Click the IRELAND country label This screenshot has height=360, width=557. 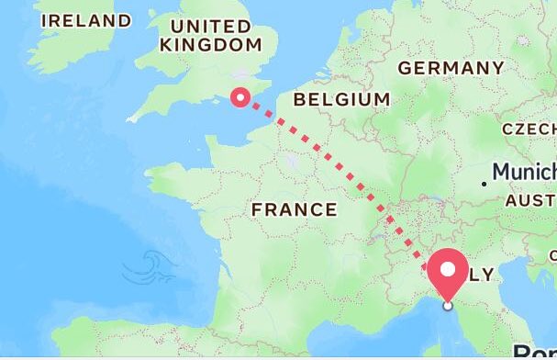pyautogui.click(x=86, y=20)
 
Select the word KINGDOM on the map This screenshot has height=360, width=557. pyautogui.click(x=210, y=44)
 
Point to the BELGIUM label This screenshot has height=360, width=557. pyautogui.click(x=340, y=99)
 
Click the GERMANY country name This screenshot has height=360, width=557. pyautogui.click(x=451, y=68)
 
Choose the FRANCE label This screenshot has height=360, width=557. pyautogui.click(x=294, y=209)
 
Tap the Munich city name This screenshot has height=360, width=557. pyautogui.click(x=524, y=172)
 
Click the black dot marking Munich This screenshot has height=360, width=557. pyautogui.click(x=485, y=184)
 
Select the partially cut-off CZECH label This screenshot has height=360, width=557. pyautogui.click(x=529, y=129)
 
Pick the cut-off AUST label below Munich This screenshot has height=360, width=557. pyautogui.click(x=530, y=200)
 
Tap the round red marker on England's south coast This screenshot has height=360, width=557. pyautogui.click(x=240, y=96)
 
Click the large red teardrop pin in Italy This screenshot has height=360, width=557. pyautogui.click(x=448, y=271)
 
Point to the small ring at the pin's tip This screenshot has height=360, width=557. pyautogui.click(x=448, y=305)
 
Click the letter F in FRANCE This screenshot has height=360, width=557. pyautogui.click(x=258, y=209)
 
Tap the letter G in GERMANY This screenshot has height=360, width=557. pyautogui.click(x=405, y=68)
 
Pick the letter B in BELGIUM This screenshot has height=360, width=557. pyautogui.click(x=297, y=99)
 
